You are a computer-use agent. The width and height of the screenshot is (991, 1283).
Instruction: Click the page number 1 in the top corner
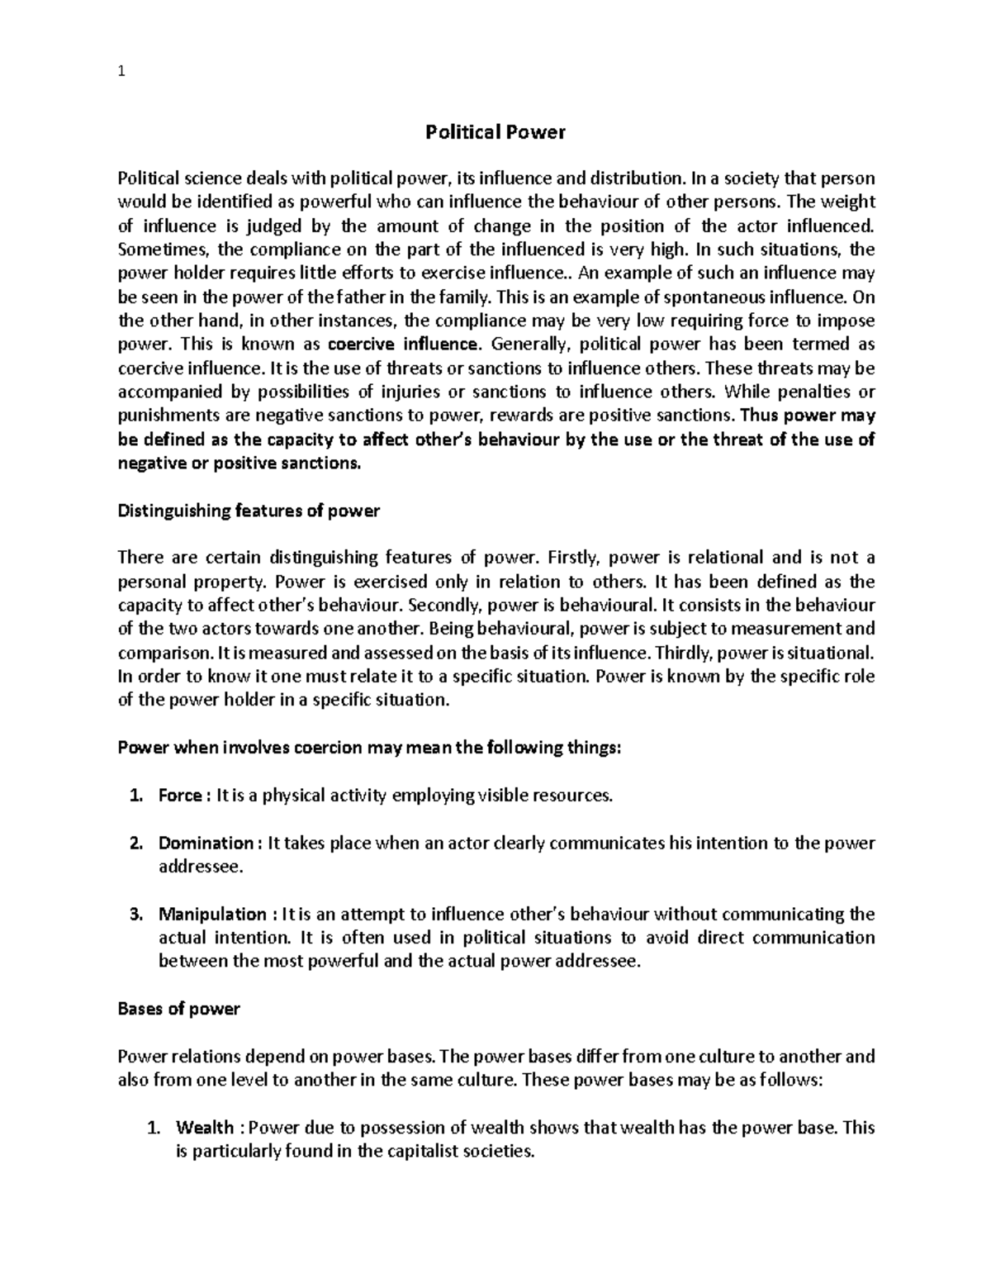pyautogui.click(x=121, y=72)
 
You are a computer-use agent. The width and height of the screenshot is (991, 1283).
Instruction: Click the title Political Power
pyautogui.click(x=495, y=132)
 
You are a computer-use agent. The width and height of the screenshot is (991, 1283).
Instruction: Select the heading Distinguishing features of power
pyautogui.click(x=249, y=511)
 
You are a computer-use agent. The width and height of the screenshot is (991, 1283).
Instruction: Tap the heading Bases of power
pyautogui.click(x=178, y=1009)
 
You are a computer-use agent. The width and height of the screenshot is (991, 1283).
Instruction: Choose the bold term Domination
pyautogui.click(x=206, y=843)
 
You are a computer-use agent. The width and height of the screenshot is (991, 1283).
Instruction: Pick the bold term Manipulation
pyautogui.click(x=212, y=915)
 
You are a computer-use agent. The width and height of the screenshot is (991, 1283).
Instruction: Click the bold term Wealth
pyautogui.click(x=205, y=1128)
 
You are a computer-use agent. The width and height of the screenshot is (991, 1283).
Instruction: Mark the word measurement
pyautogui.click(x=791, y=629)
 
